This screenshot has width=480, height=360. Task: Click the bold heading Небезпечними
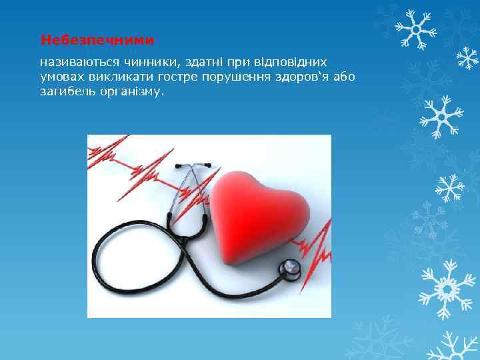[97, 41]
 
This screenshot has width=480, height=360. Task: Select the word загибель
[67, 93]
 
